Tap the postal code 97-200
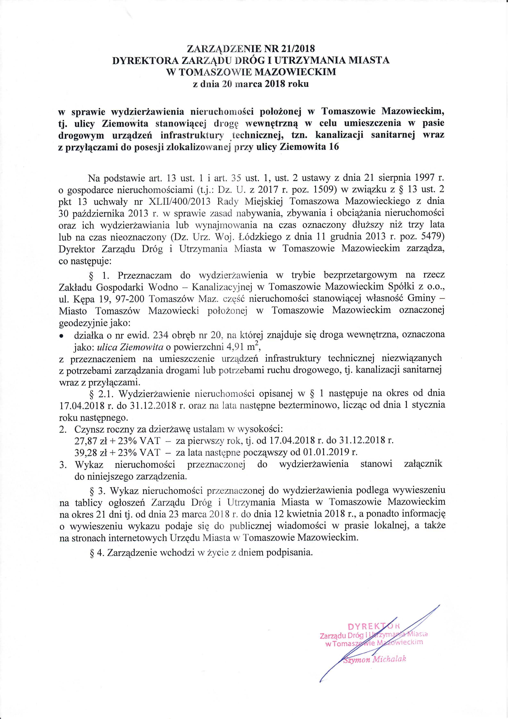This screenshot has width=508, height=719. point(131,299)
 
